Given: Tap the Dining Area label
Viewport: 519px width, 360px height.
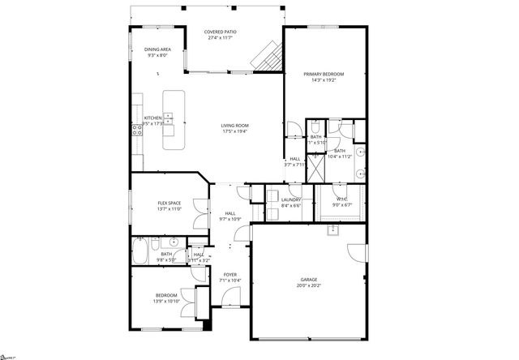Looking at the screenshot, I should pyautogui.click(x=157, y=49).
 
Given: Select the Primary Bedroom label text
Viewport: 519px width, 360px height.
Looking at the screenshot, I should pyautogui.click(x=319, y=74).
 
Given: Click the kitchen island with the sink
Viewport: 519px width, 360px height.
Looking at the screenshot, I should pyautogui.click(x=169, y=120).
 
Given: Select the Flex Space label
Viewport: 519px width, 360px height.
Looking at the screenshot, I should pyautogui.click(x=169, y=203).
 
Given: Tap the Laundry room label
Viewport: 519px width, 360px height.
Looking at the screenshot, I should pyautogui.click(x=291, y=199).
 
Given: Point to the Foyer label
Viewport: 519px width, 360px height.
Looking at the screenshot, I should pyautogui.click(x=229, y=275).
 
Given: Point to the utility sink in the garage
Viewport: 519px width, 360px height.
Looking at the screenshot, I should pyautogui.click(x=332, y=230).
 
